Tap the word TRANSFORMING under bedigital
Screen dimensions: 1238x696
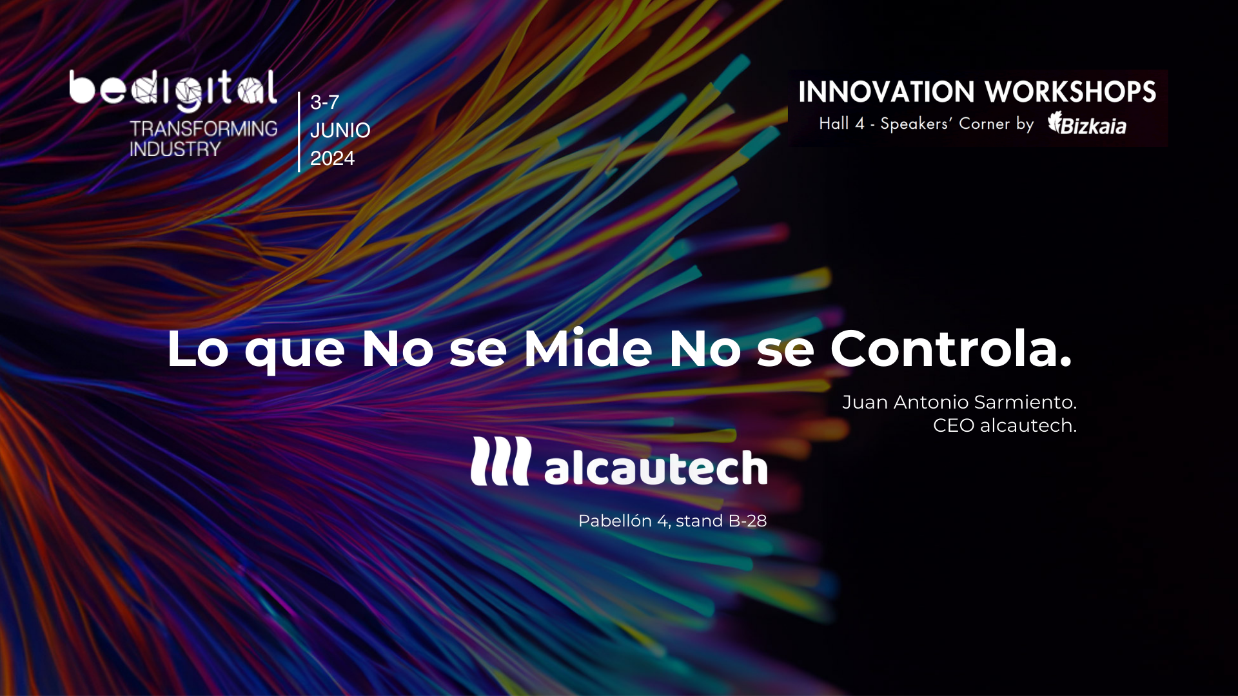point(204,129)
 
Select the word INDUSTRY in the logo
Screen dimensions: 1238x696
point(175,150)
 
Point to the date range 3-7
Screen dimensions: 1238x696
point(324,102)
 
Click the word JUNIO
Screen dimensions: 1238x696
point(340,130)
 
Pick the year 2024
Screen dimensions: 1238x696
point(332,158)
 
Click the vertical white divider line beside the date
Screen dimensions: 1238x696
point(299,132)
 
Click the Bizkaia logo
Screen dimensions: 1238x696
point(1087,123)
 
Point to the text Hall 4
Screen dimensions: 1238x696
point(841,123)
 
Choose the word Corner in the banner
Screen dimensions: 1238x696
point(984,124)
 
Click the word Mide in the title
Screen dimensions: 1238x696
point(588,349)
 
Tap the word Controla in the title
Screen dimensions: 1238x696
point(945,349)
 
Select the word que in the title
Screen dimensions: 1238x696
point(295,354)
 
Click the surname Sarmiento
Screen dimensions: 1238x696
point(1025,402)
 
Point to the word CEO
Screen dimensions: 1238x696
point(954,425)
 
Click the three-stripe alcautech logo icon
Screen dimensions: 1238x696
point(501,461)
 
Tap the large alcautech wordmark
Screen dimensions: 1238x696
point(656,466)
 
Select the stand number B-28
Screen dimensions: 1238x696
point(748,521)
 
